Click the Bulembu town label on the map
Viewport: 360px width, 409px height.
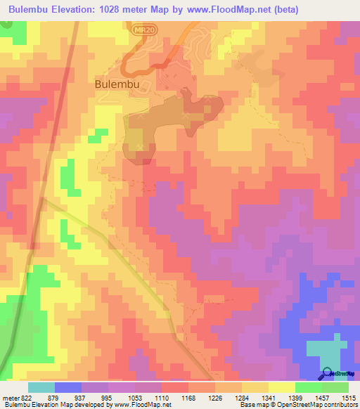[x=115, y=84]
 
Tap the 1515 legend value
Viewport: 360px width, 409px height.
[x=348, y=398]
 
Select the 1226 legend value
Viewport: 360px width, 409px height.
[x=217, y=398]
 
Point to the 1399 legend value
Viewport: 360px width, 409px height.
[x=295, y=398]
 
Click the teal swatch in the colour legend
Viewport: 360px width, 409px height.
[x=41, y=387]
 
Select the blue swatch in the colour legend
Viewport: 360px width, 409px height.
[x=68, y=387]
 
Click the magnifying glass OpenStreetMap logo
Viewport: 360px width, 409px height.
[x=327, y=374]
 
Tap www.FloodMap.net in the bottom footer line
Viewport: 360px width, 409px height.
[x=143, y=405]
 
